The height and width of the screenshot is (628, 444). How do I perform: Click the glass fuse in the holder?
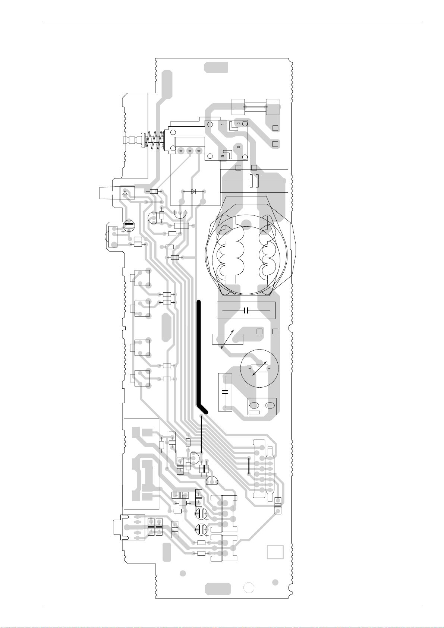point(255,107)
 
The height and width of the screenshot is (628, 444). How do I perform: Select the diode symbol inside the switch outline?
point(193,191)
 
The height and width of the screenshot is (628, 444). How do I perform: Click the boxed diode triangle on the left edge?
point(125,193)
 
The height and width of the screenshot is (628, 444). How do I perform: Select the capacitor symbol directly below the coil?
point(246,310)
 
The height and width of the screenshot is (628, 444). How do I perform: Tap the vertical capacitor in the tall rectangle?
point(225,392)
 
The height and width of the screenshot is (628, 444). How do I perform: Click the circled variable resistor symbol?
point(259,368)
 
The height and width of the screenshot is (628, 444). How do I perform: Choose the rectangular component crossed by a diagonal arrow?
point(227,340)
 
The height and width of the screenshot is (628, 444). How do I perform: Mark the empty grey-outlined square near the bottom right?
point(275,552)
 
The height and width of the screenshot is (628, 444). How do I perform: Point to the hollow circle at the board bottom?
point(249,587)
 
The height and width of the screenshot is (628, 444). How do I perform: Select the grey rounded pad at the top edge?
point(216,67)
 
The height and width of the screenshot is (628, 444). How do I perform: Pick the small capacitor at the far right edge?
point(278,505)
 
